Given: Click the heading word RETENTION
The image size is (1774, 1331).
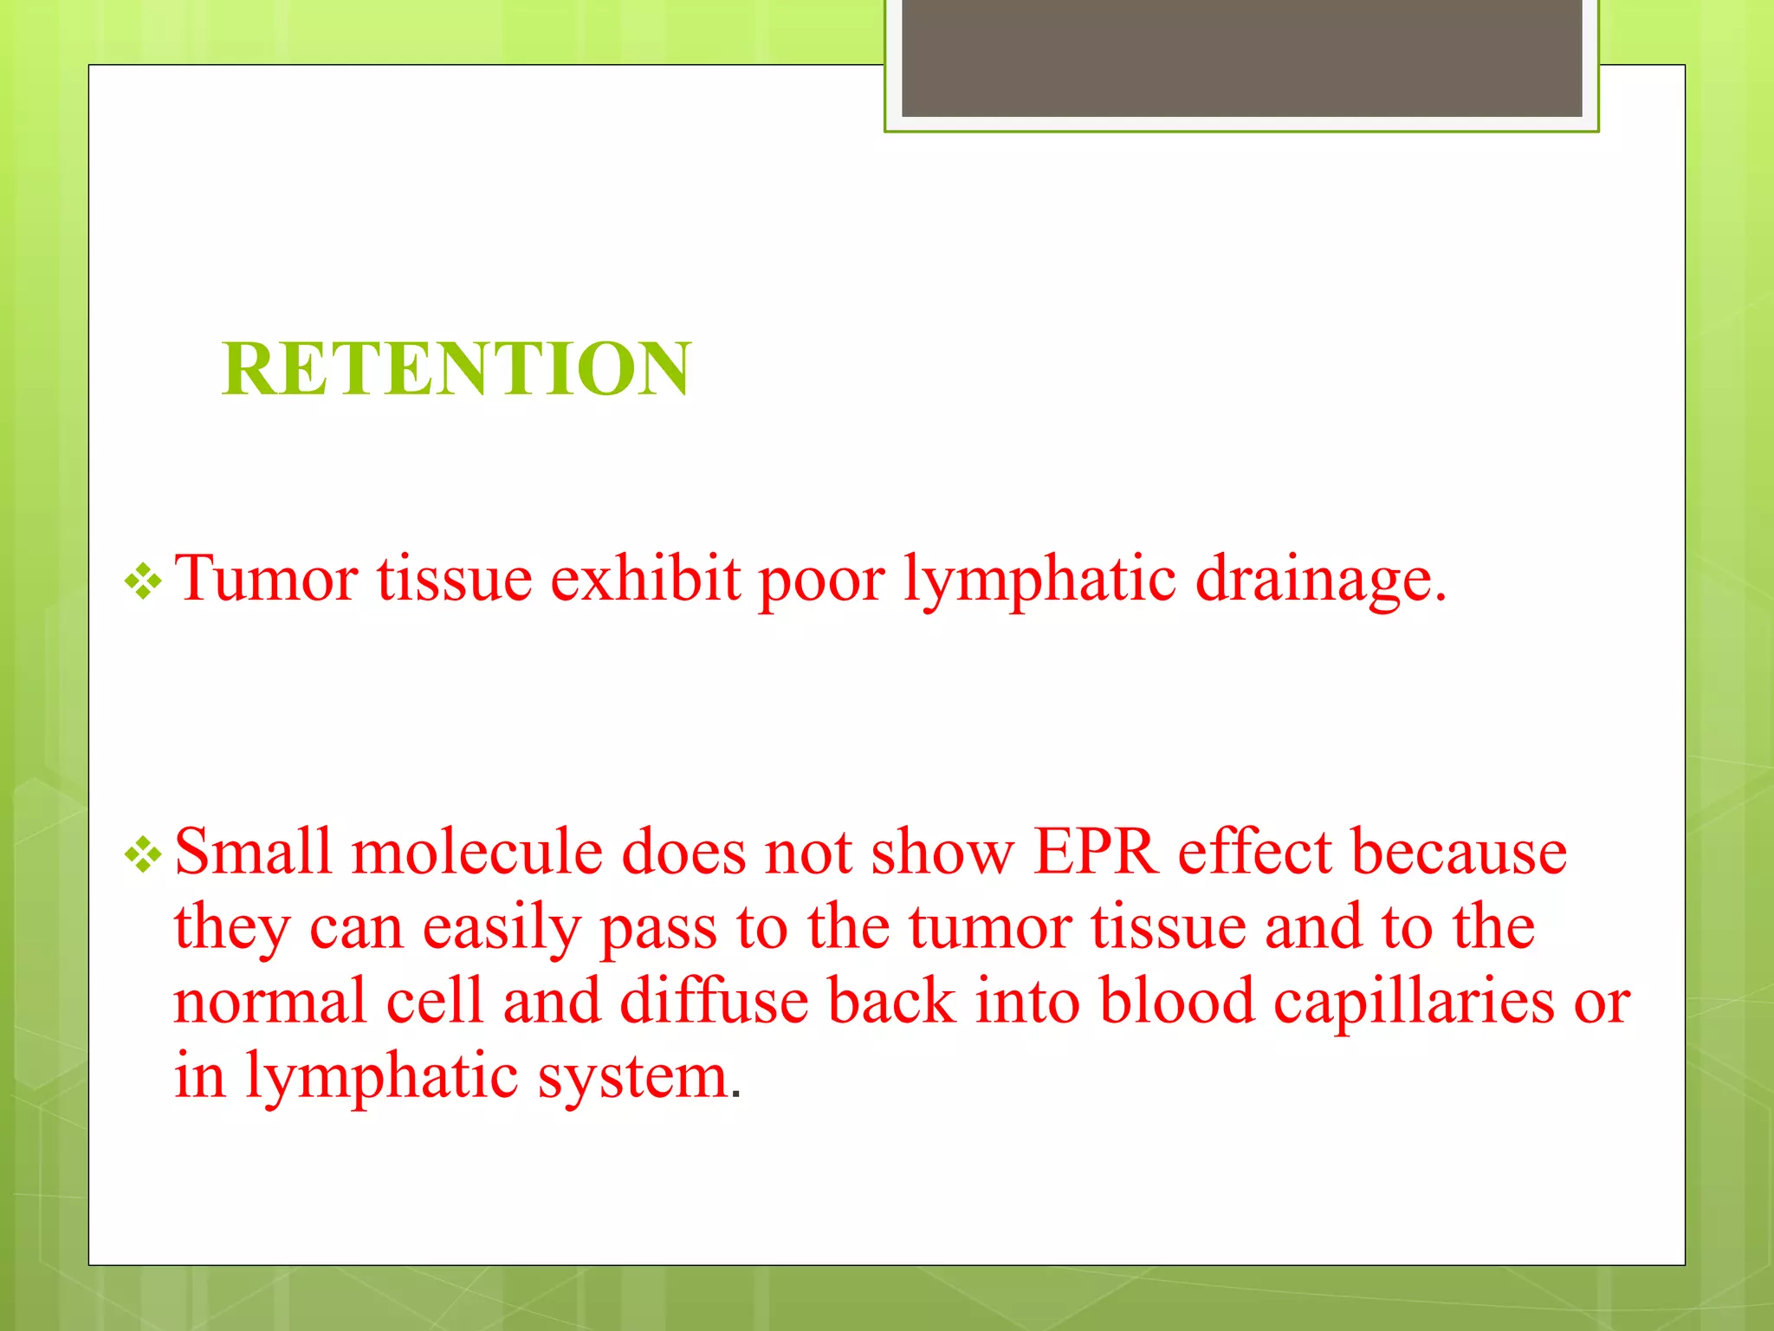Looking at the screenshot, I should [456, 369].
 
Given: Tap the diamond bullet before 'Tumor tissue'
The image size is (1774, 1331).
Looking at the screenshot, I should [143, 581].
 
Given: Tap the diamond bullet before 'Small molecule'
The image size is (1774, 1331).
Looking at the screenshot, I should [143, 855].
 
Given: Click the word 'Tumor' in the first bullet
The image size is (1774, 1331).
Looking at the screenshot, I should [266, 578].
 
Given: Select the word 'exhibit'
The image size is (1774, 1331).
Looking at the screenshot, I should [645, 578].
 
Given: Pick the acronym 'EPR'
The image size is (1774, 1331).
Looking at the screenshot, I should [1096, 852].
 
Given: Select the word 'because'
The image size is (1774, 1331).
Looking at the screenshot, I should [1459, 852].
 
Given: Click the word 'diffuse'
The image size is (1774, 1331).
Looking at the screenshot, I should [714, 1001].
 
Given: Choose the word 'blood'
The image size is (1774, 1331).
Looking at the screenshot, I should [1176, 1001].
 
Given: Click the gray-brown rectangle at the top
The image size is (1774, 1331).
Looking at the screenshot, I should [1241, 57].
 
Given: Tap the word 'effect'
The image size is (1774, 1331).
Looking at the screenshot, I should [1254, 852].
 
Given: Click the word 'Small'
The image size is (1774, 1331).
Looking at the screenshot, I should [253, 852].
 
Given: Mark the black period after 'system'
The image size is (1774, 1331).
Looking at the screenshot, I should [736, 1095].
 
